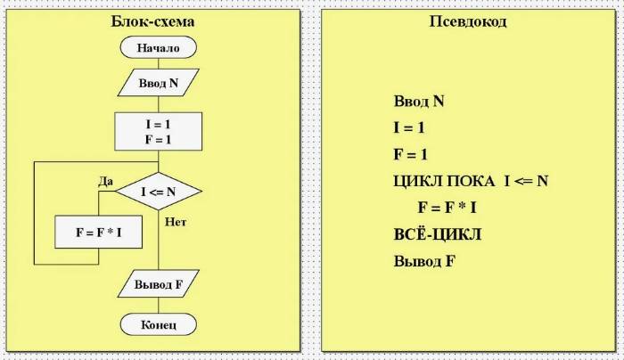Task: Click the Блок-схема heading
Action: point(152,21)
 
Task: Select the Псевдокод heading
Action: point(468,21)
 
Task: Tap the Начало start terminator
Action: point(159,48)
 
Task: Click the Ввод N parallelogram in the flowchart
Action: point(159,83)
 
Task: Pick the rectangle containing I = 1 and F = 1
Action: point(159,132)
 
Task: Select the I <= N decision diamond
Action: point(159,192)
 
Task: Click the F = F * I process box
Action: point(98,233)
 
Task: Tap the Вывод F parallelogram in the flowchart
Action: point(159,284)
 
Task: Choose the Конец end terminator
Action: point(159,324)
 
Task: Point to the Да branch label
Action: point(106,182)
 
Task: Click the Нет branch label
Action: point(176,222)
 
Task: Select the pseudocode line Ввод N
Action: point(419,101)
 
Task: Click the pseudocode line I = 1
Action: point(409,127)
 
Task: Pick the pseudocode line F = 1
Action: point(410,154)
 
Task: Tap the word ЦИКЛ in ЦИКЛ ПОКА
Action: point(418,182)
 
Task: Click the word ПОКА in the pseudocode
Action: point(471,182)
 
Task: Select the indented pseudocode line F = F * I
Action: point(447,208)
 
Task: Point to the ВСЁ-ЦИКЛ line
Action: point(438,234)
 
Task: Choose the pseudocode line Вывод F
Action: point(424,261)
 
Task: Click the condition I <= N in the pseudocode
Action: point(527,181)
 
